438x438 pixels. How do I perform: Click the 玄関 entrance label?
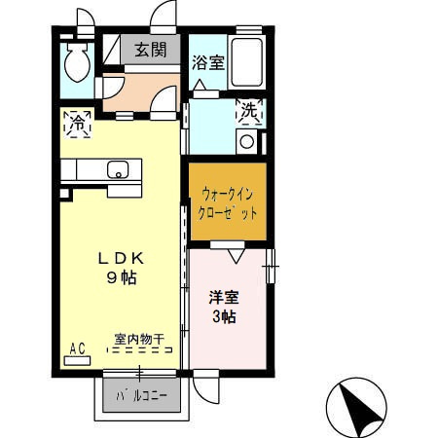coord(150,49)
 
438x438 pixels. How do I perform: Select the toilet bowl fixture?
coord(76,64)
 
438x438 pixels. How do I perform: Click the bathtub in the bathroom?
coord(249,62)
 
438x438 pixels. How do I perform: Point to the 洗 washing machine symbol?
coord(250,112)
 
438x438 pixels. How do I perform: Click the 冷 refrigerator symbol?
coord(77,123)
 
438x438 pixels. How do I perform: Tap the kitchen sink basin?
coord(117,171)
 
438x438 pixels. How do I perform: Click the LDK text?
coord(121,260)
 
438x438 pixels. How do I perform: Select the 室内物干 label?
coord(138,339)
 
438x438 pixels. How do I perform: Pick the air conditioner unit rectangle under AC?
coord(77,359)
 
